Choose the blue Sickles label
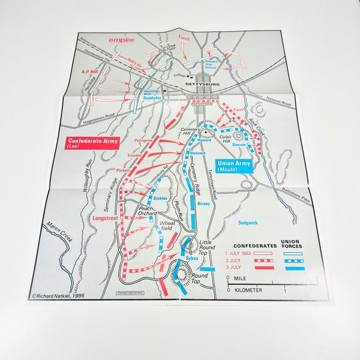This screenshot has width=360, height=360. coord(160,197)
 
